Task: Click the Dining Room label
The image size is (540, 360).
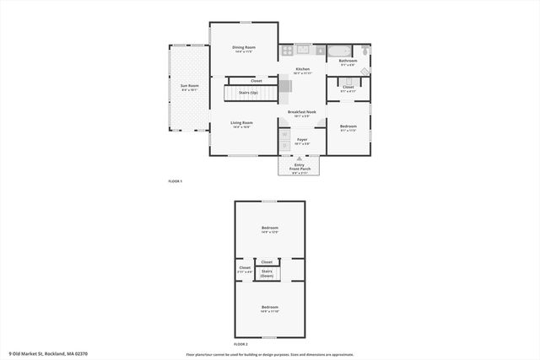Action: click(x=244, y=49)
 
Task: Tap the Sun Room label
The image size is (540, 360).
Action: click(x=189, y=87)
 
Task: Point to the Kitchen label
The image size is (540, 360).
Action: click(x=302, y=70)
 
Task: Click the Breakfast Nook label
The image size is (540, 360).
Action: click(x=302, y=113)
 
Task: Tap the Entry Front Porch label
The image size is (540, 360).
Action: click(x=299, y=167)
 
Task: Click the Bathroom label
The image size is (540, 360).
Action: click(x=348, y=62)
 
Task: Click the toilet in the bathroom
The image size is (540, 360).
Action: click(x=365, y=50)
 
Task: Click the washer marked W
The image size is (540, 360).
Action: click(x=284, y=134)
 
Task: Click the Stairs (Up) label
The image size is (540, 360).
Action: click(x=248, y=92)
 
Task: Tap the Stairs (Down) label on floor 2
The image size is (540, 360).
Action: click(x=267, y=273)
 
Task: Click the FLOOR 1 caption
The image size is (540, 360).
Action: click(x=175, y=181)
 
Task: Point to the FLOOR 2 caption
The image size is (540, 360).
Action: click(x=241, y=344)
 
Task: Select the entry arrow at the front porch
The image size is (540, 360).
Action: click(x=299, y=158)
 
